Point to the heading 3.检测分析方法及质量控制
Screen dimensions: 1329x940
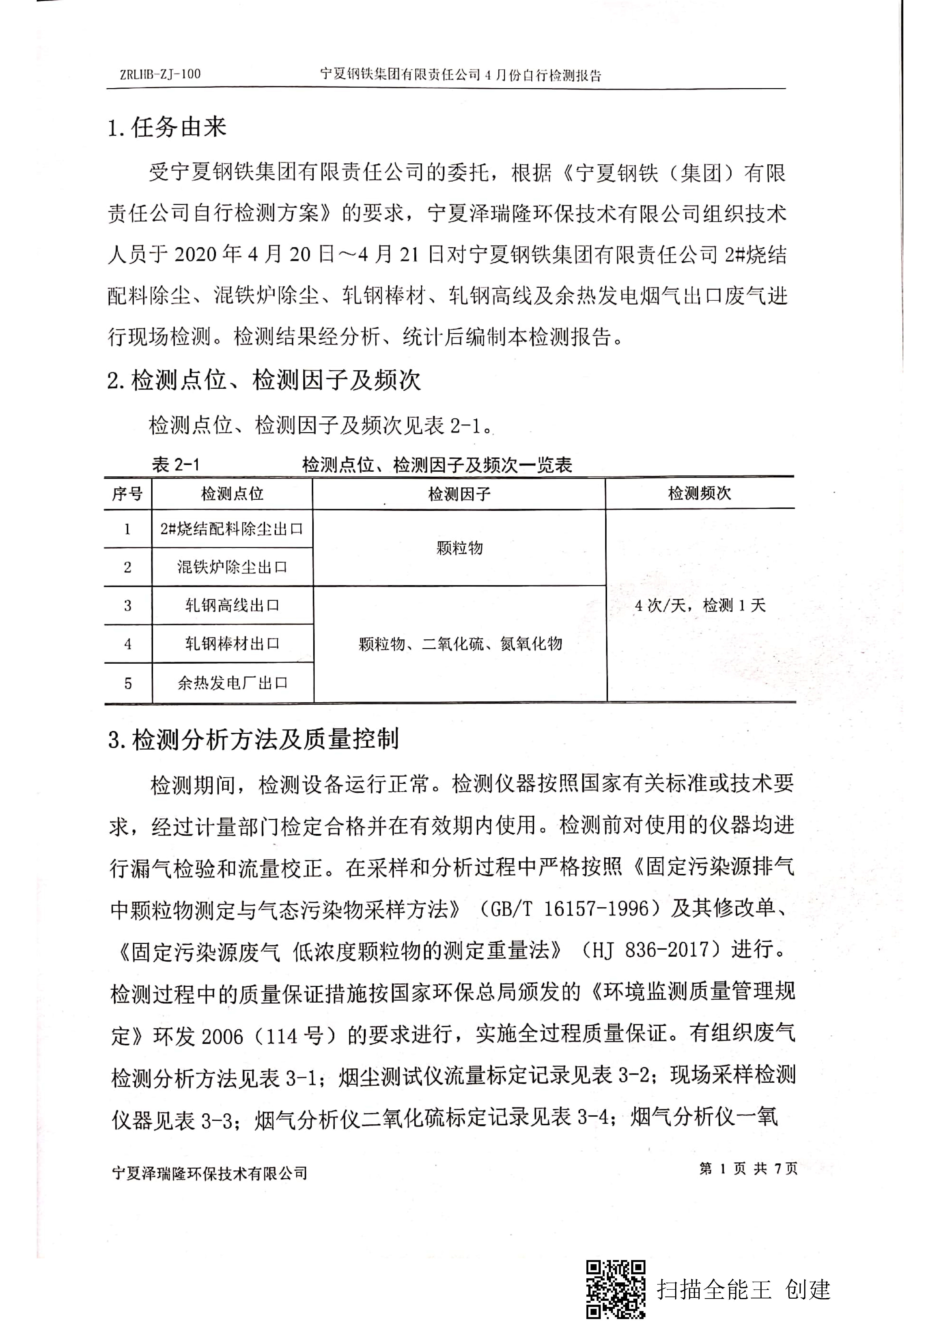pos(254,739)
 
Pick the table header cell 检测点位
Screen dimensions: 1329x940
pos(232,494)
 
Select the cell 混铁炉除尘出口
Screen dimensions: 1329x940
pos(232,567)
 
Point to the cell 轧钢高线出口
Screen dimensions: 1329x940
pos(232,605)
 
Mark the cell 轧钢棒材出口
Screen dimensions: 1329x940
pos(232,644)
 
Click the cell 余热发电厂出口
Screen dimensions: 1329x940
pos(232,683)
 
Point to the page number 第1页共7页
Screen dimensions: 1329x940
pos(748,1169)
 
